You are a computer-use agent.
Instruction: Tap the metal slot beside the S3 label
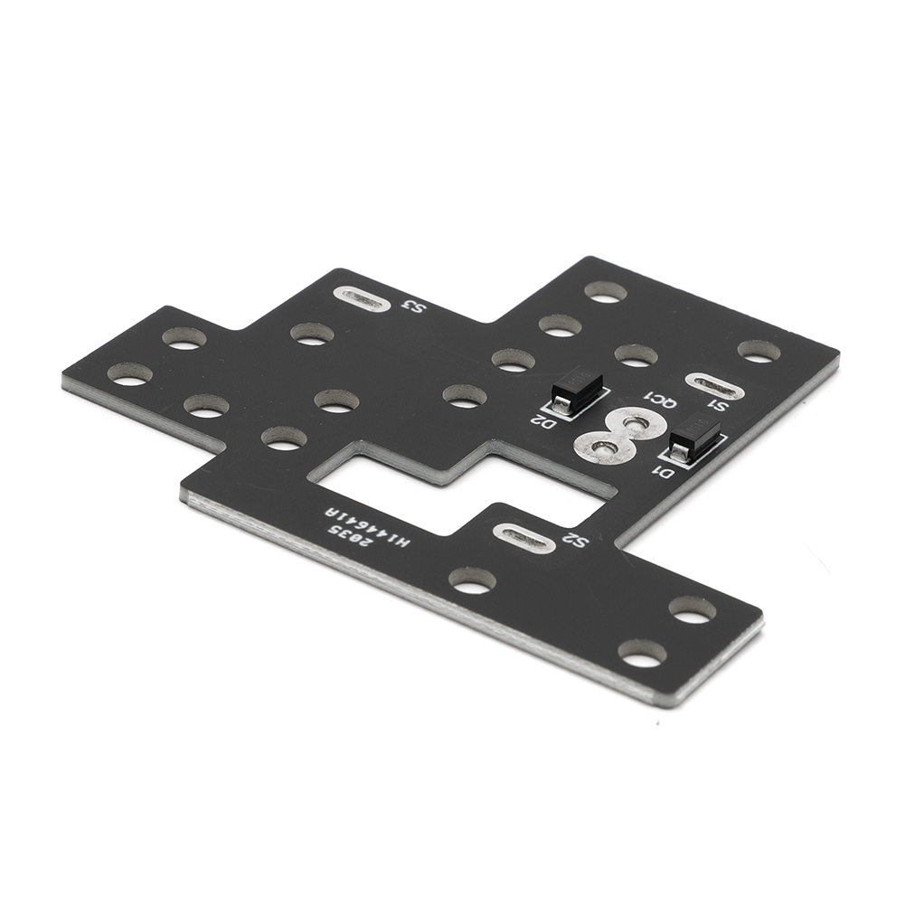tap(362, 298)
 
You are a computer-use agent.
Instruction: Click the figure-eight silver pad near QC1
tap(619, 434)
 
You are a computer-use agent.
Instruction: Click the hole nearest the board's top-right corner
tap(759, 351)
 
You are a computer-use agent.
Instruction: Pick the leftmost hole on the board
tap(130, 373)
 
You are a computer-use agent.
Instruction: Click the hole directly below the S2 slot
tap(472, 580)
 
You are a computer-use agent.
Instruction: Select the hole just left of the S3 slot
tap(312, 334)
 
